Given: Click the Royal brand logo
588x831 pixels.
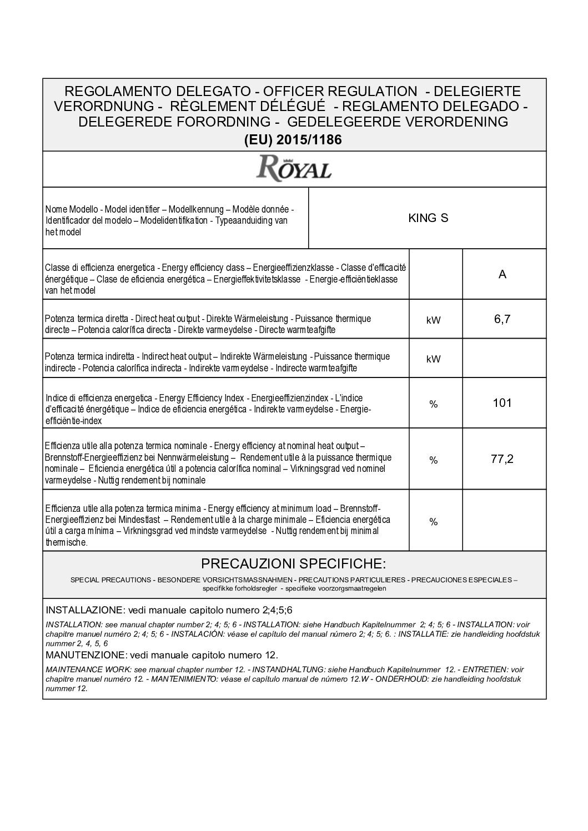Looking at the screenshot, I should pyautogui.click(x=294, y=168).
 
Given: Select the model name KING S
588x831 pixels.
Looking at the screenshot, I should pyautogui.click(x=428, y=218).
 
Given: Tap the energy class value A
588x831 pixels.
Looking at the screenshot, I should pyautogui.click(x=502, y=275).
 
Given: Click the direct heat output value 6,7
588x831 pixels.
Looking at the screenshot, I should pyautogui.click(x=502, y=320).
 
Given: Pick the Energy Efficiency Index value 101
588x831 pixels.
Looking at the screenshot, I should pyautogui.click(x=502, y=403).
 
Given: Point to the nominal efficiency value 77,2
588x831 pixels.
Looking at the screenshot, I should pyautogui.click(x=502, y=459).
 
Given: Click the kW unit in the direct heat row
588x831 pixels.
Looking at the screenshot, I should pyautogui.click(x=434, y=320).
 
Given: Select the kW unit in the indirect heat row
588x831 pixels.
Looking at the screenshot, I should pyautogui.click(x=434, y=359).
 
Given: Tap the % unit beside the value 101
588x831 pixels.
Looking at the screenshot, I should pyautogui.click(x=434, y=404).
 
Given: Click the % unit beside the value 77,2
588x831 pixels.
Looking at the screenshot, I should pyautogui.click(x=434, y=460).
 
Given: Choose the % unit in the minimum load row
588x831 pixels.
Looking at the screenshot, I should pyautogui.click(x=434, y=522).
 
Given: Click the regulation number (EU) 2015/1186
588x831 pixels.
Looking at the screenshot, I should pyautogui.click(x=293, y=140).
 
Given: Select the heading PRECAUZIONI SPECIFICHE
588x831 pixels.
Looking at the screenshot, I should pyautogui.click(x=293, y=564).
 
